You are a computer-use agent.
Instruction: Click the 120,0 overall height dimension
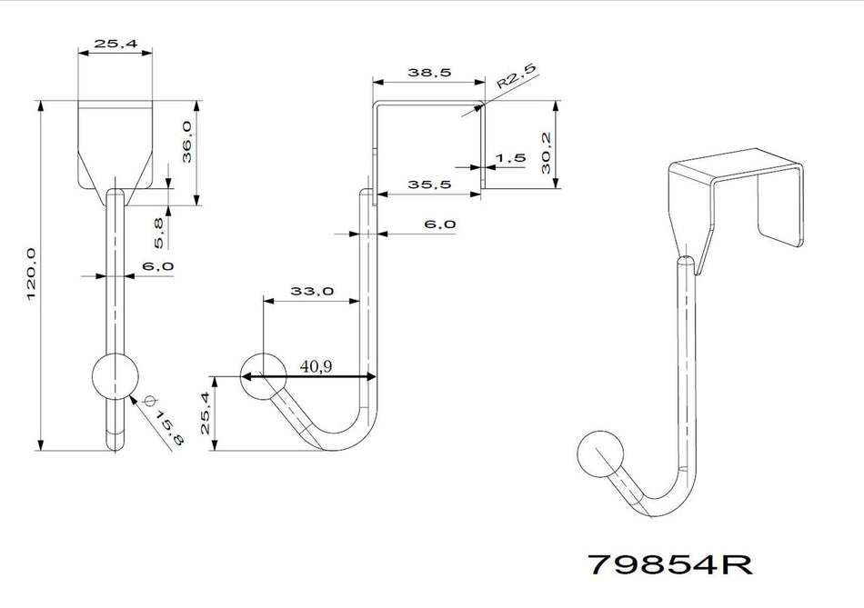[32, 274]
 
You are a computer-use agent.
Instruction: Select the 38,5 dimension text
[429, 72]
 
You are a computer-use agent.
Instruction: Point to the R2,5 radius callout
[516, 76]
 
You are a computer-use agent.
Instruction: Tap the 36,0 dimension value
[187, 142]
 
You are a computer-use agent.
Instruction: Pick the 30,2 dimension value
[546, 153]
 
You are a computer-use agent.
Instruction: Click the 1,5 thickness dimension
[511, 159]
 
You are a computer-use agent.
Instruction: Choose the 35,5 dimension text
[429, 184]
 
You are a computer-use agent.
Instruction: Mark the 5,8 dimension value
[158, 234]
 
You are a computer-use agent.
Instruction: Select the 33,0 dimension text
[312, 291]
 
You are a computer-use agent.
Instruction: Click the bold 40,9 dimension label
[316, 366]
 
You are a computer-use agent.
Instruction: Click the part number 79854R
[670, 564]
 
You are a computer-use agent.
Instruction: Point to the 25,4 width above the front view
[116, 43]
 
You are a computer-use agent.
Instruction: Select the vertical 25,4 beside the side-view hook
[205, 413]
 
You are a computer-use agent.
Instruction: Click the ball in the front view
[116, 375]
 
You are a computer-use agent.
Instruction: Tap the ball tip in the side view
[264, 376]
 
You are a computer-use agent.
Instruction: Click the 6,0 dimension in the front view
[157, 266]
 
